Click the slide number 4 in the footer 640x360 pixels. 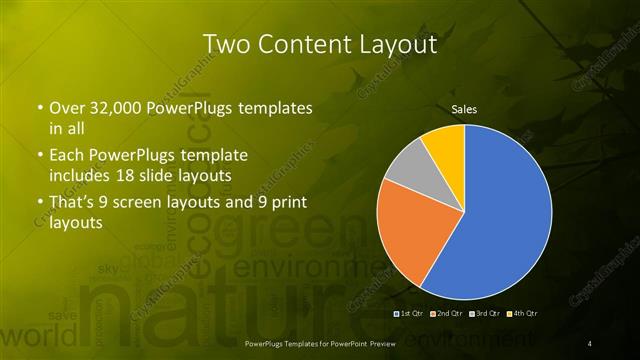pyautogui.click(x=590, y=344)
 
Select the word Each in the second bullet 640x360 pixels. pyautogui.click(x=68, y=157)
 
